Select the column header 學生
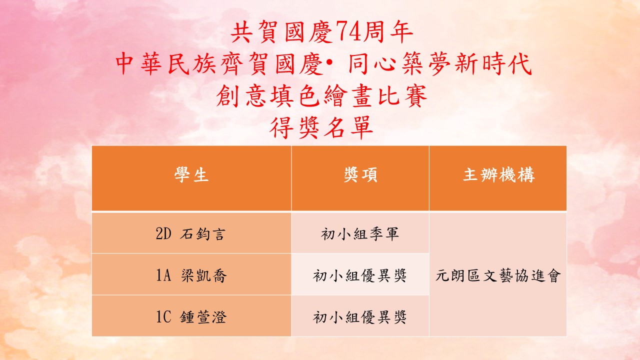point(191,174)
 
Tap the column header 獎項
point(360,174)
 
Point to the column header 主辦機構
point(498,174)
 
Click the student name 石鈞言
point(203,234)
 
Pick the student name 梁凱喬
point(203,275)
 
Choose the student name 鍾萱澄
point(203,317)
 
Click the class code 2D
point(163,234)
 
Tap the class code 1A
point(163,275)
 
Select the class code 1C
point(163,317)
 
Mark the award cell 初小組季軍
point(360,234)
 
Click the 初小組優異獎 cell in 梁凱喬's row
point(360,275)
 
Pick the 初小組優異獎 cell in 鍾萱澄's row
point(360,317)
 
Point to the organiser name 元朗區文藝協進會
point(498,275)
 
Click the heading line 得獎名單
point(321,127)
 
